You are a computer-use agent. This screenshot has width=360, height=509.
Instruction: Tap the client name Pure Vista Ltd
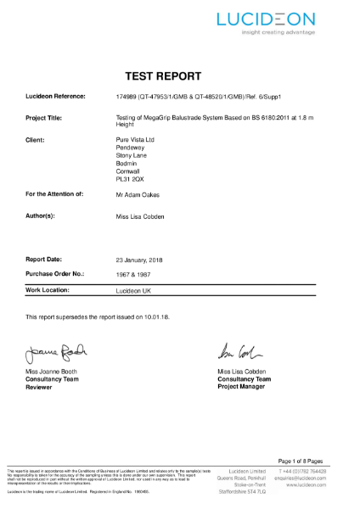(x=133, y=137)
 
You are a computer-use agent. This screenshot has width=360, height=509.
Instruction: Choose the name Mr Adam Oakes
(x=137, y=195)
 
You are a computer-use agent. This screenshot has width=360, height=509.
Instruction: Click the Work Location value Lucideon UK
(x=132, y=290)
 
